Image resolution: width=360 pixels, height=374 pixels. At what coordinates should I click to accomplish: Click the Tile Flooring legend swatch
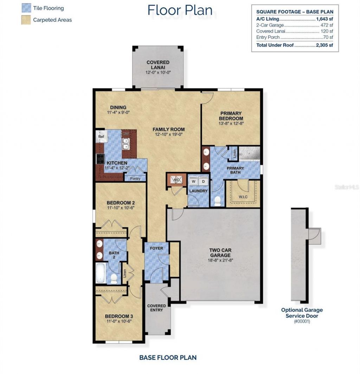[x=26, y=8]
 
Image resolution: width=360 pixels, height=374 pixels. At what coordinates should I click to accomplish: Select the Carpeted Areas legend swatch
[x=26, y=20]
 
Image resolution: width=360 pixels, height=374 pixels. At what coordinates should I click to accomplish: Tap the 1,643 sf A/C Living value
[x=324, y=19]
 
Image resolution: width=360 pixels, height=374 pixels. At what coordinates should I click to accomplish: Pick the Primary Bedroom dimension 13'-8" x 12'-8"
[x=231, y=123]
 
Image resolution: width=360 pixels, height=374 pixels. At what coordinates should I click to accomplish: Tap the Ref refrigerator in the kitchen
[x=101, y=136]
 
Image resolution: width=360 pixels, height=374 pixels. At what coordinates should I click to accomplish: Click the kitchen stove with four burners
[x=100, y=159]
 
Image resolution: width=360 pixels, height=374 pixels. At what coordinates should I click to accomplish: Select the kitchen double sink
[x=126, y=144]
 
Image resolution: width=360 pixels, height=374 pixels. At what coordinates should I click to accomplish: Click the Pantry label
[x=135, y=178]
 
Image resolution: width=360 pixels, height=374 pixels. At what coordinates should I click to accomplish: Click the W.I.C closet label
[x=243, y=197]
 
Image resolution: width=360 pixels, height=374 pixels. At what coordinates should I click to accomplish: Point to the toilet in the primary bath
[x=217, y=201]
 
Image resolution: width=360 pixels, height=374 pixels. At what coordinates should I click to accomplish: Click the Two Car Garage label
[x=220, y=252]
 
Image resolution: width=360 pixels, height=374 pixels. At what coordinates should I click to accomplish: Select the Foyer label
[x=156, y=248]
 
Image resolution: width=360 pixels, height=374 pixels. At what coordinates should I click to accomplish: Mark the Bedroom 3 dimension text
[x=119, y=321]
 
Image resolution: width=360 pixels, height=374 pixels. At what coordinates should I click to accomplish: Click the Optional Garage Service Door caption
[x=302, y=313]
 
